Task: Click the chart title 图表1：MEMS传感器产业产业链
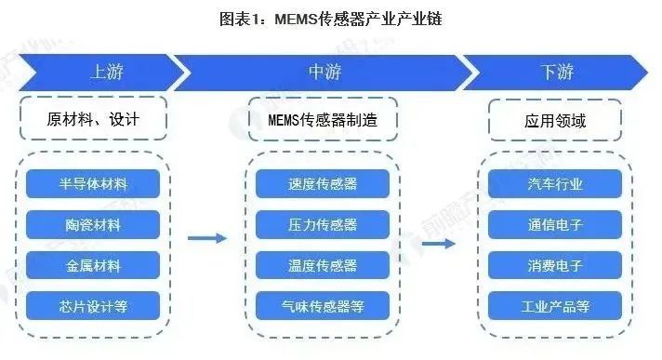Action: tap(330, 18)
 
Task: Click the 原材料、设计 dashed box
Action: tap(93, 120)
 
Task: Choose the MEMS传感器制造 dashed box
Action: tap(323, 120)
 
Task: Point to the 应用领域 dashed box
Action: tap(555, 120)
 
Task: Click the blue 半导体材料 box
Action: tap(93, 184)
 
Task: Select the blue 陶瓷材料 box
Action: tap(93, 224)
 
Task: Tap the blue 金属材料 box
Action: tap(93, 265)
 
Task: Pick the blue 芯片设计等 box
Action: tap(93, 305)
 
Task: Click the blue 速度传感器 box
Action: tap(323, 184)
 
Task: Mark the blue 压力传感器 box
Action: tap(323, 224)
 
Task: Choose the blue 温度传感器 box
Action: tap(323, 265)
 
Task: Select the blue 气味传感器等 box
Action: tap(323, 305)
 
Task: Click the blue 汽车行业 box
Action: tap(555, 184)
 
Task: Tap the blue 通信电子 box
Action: tap(555, 224)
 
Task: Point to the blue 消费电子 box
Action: tap(555, 265)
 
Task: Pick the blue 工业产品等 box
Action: tap(555, 305)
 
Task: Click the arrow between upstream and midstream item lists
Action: tap(206, 239)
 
